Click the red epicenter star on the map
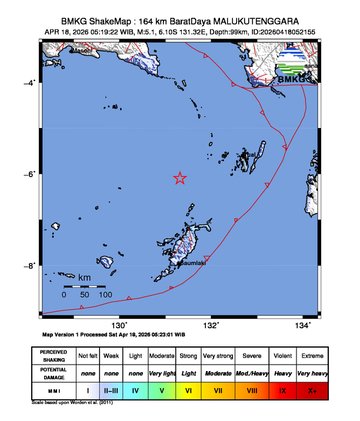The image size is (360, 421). [x=180, y=178]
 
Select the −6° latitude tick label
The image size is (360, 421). [x=31, y=174]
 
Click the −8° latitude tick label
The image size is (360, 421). [x=31, y=266]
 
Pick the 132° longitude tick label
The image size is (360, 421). [x=211, y=325]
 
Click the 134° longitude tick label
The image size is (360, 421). [x=303, y=325]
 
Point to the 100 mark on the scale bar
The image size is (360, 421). [x=105, y=296]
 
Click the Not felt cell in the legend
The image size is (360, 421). [x=89, y=355]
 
